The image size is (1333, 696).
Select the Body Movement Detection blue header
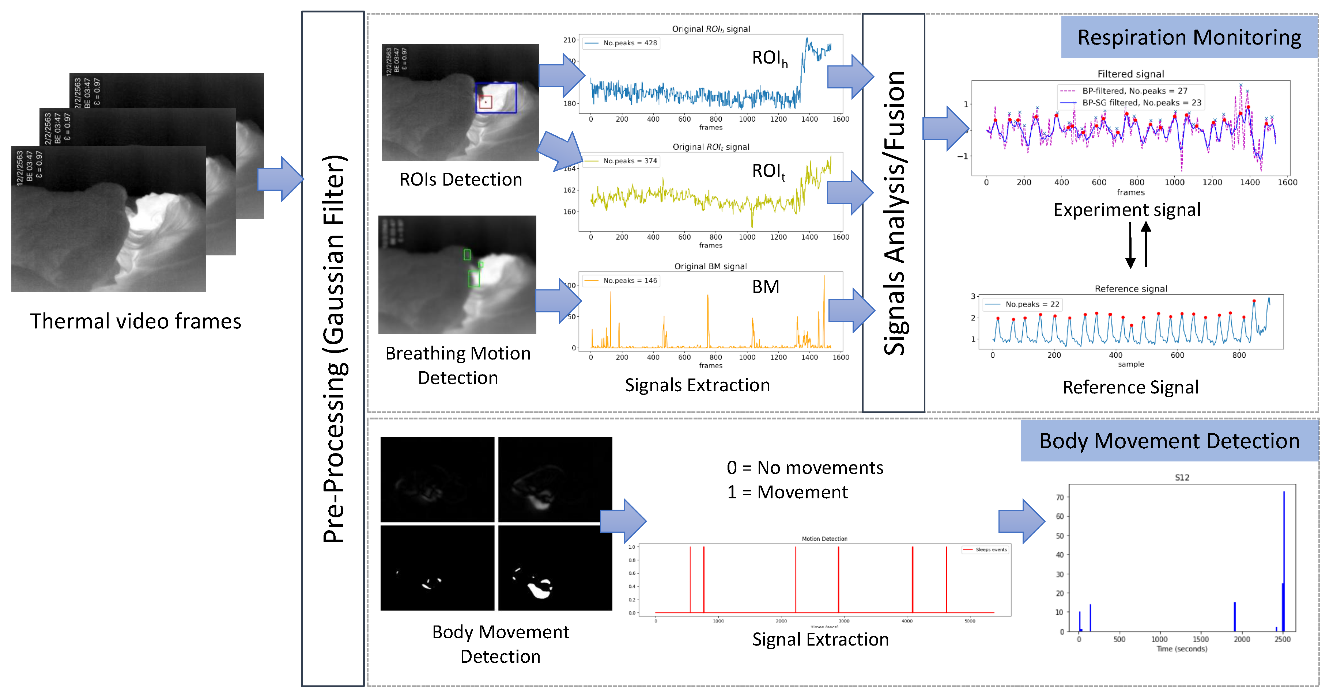pos(1170,441)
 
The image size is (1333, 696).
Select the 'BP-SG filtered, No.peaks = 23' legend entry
pos(1141,102)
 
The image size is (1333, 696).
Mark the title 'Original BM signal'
pos(710,266)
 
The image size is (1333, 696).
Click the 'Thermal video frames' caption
pos(136,321)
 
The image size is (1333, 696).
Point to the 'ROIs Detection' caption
pos(461,179)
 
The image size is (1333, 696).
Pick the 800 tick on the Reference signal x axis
pos(1239,355)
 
